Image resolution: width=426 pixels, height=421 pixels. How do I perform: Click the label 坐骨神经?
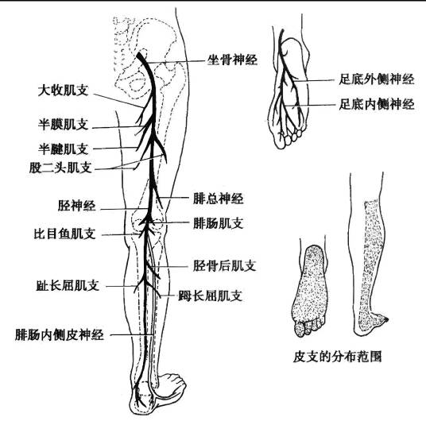(x=232, y=60)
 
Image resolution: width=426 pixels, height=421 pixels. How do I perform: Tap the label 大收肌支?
(x=63, y=91)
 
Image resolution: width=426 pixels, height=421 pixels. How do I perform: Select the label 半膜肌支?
(x=63, y=125)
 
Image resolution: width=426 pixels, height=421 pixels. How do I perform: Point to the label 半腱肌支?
(x=63, y=149)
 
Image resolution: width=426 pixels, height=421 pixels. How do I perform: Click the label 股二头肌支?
(x=60, y=168)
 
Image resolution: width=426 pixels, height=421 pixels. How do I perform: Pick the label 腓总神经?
(x=218, y=199)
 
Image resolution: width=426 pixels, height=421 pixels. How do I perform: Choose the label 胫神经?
(x=76, y=206)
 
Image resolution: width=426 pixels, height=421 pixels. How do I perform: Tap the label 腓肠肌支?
(x=218, y=223)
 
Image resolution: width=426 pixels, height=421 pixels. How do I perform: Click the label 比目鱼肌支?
(x=64, y=234)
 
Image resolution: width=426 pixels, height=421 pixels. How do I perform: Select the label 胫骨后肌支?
(x=224, y=265)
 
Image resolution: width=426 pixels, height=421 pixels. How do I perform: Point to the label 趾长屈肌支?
(x=68, y=285)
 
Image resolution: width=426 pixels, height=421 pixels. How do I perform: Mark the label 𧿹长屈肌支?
(x=210, y=295)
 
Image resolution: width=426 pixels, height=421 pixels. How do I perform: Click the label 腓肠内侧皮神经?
(x=60, y=335)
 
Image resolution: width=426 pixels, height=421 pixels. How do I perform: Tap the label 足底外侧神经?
(x=377, y=79)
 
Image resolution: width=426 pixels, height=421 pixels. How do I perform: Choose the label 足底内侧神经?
(x=377, y=104)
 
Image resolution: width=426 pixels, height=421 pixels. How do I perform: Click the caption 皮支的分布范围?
(x=338, y=357)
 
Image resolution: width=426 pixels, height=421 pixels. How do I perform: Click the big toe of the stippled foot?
(x=299, y=329)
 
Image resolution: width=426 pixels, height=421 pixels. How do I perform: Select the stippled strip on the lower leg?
(x=370, y=261)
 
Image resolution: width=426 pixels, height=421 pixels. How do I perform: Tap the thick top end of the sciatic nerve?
(x=140, y=55)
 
